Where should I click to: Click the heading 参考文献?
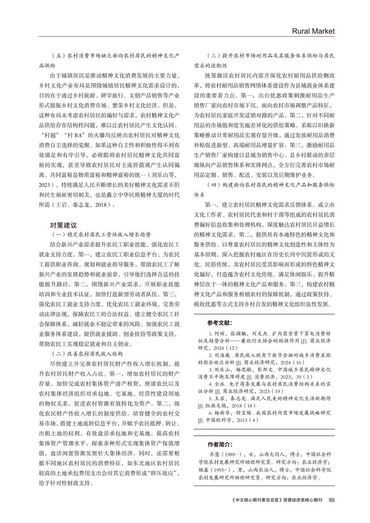[x=220, y=322]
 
